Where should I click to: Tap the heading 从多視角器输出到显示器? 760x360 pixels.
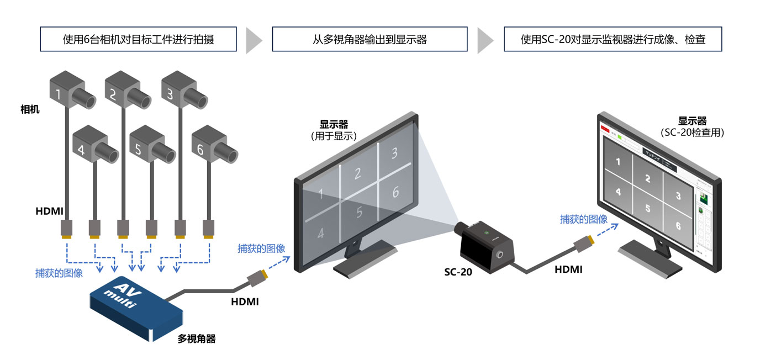click(x=370, y=39)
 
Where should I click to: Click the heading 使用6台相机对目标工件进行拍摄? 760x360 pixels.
click(x=139, y=39)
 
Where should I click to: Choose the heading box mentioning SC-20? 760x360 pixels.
click(x=613, y=39)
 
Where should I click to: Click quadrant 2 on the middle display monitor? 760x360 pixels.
click(x=357, y=174)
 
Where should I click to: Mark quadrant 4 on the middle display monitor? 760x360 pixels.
click(x=321, y=232)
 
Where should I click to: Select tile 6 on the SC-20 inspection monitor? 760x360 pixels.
click(x=678, y=225)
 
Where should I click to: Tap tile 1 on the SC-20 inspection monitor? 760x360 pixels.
click(x=617, y=162)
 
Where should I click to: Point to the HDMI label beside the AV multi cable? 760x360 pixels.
click(x=244, y=302)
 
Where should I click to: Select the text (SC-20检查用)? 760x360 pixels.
click(x=692, y=133)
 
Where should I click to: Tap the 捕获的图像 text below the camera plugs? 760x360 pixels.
click(x=59, y=273)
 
